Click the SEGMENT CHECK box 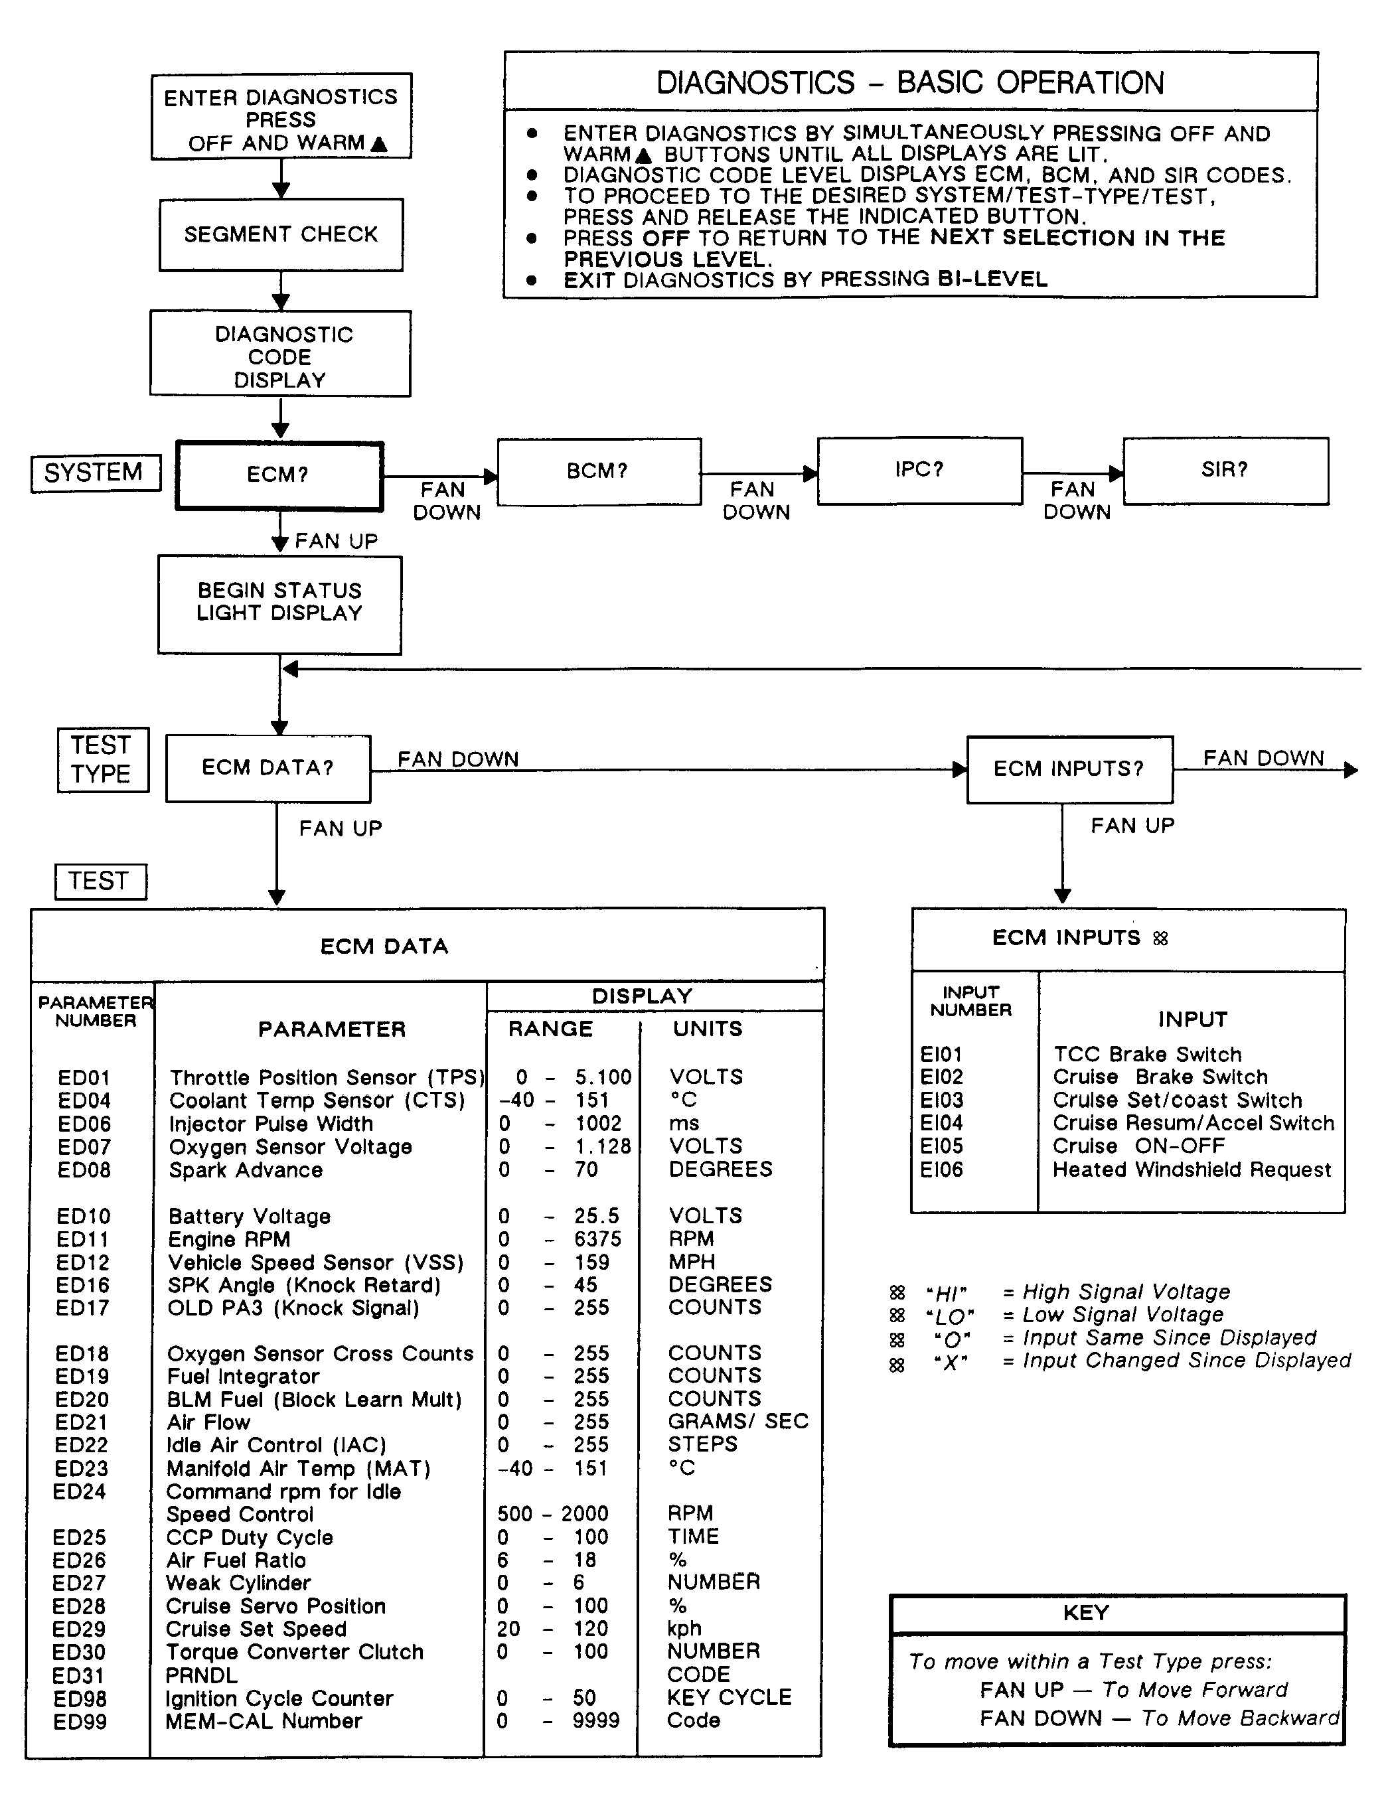[281, 235]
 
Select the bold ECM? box [279, 475]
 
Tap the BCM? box [598, 471]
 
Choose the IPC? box [919, 469]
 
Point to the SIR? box [1225, 469]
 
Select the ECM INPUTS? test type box [1069, 769]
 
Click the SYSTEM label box [94, 473]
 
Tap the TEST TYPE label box [102, 759]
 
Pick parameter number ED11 [82, 1239]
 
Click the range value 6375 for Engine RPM [597, 1239]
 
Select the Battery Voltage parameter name [249, 1216]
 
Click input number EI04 [941, 1123]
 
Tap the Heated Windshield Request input [1192, 1169]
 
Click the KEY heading [1086, 1613]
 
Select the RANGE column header [550, 1029]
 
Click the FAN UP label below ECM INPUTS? [1132, 826]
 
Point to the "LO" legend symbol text [950, 1316]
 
